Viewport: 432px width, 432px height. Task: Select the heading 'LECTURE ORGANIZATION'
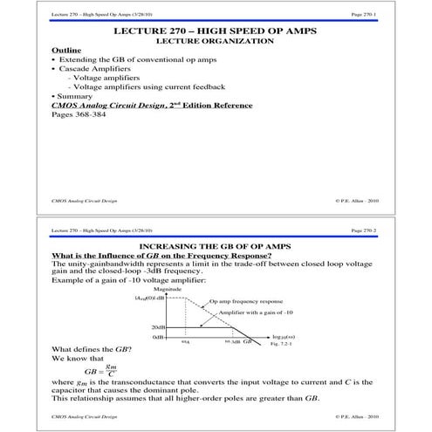point(215,41)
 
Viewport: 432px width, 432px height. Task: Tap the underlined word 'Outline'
point(67,51)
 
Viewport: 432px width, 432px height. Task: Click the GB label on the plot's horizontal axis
point(247,343)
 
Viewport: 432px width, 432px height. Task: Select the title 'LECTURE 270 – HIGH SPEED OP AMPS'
point(215,31)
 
